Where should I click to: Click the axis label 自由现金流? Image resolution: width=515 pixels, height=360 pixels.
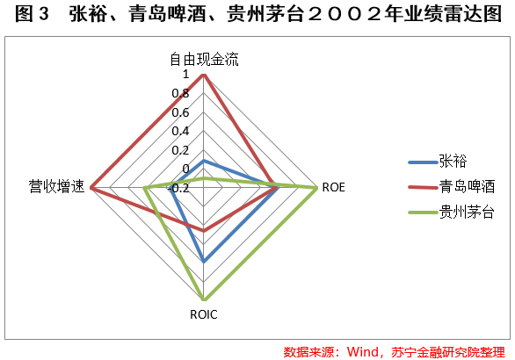click(204, 60)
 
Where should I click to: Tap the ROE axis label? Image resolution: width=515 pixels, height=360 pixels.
click(333, 187)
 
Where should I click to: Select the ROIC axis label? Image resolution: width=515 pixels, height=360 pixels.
click(204, 314)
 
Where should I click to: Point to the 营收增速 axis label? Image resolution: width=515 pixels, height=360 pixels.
click(57, 186)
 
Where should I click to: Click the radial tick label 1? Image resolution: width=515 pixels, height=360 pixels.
click(186, 74)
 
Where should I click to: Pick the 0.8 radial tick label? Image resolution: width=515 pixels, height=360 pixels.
click(181, 94)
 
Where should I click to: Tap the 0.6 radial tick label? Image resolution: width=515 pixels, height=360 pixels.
click(181, 112)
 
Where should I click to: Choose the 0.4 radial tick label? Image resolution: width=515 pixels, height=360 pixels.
click(181, 131)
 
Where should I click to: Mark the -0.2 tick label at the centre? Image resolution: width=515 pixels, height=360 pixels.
click(178, 189)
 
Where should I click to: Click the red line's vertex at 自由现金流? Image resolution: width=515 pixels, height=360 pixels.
click(204, 76)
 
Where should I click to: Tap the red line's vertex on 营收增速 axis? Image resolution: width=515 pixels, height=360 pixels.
click(91, 188)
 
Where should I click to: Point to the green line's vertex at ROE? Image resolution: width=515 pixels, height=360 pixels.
click(316, 188)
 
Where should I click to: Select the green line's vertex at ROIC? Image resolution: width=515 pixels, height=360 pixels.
click(204, 299)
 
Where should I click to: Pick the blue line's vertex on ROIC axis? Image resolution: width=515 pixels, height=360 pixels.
click(204, 262)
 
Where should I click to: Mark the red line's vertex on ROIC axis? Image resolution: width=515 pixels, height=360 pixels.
click(204, 231)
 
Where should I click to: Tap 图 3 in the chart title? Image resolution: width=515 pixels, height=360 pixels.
click(32, 14)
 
